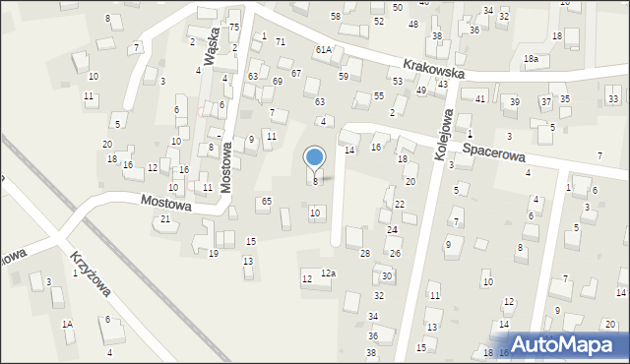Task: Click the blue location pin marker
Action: pos(315,158)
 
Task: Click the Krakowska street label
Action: pos(433,68)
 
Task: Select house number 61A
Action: pos(324,49)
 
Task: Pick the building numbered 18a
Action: pos(531,59)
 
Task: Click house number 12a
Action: pos(328,273)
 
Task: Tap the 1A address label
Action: pos(67,324)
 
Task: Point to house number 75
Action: pos(233,27)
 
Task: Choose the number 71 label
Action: pos(281,41)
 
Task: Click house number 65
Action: pos(266,201)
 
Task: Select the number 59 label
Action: pos(344,76)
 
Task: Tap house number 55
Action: pos(379,95)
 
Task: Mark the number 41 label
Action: pos(480,99)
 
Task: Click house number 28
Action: pos(364,254)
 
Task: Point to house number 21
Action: pos(165,218)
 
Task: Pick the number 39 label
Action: pos(514,102)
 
